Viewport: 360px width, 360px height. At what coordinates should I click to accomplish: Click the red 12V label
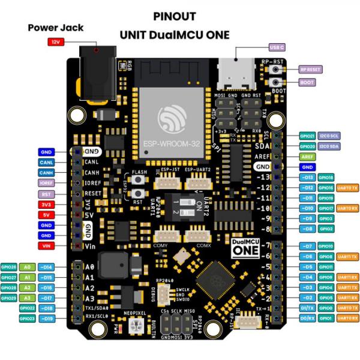55,42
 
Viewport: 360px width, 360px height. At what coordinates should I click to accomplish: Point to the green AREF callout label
307,156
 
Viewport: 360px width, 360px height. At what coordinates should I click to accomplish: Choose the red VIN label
47,246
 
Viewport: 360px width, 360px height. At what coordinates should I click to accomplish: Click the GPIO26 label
8,266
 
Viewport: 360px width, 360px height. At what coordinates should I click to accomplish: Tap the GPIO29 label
8,298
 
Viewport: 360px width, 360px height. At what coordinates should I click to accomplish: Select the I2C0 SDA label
329,146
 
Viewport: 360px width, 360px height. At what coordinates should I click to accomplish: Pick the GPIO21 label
307,136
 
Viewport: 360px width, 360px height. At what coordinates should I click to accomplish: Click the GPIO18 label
326,177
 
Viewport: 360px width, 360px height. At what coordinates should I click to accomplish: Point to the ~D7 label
306,246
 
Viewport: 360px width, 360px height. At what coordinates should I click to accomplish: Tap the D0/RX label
306,318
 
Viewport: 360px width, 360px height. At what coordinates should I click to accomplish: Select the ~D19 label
47,318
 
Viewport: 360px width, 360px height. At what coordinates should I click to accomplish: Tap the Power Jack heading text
55,28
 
